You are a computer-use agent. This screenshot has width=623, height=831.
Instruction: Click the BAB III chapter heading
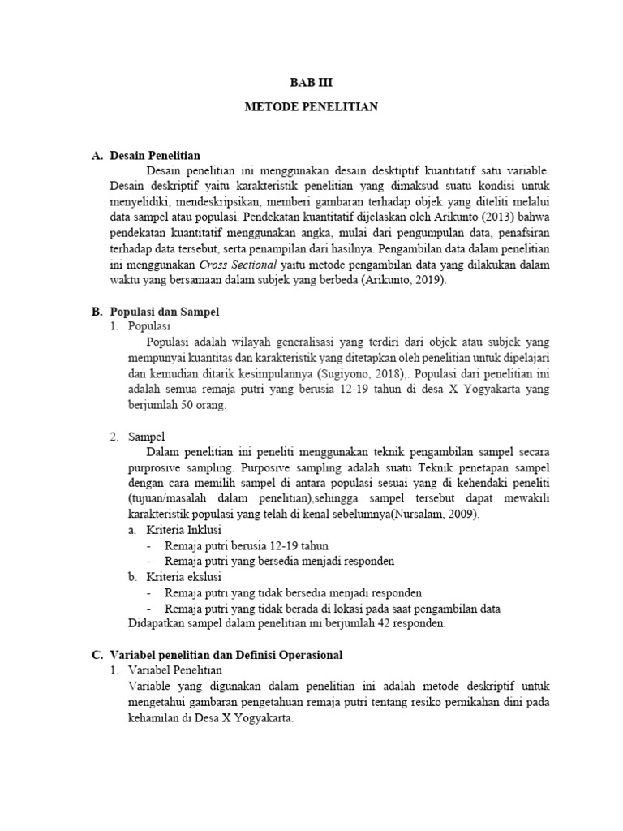tap(311, 83)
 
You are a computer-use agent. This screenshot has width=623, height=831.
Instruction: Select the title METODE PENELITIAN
tap(311, 107)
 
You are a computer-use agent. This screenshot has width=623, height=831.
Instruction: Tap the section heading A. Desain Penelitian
tap(146, 155)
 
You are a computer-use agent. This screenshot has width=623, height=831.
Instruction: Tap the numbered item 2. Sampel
tap(138, 437)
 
